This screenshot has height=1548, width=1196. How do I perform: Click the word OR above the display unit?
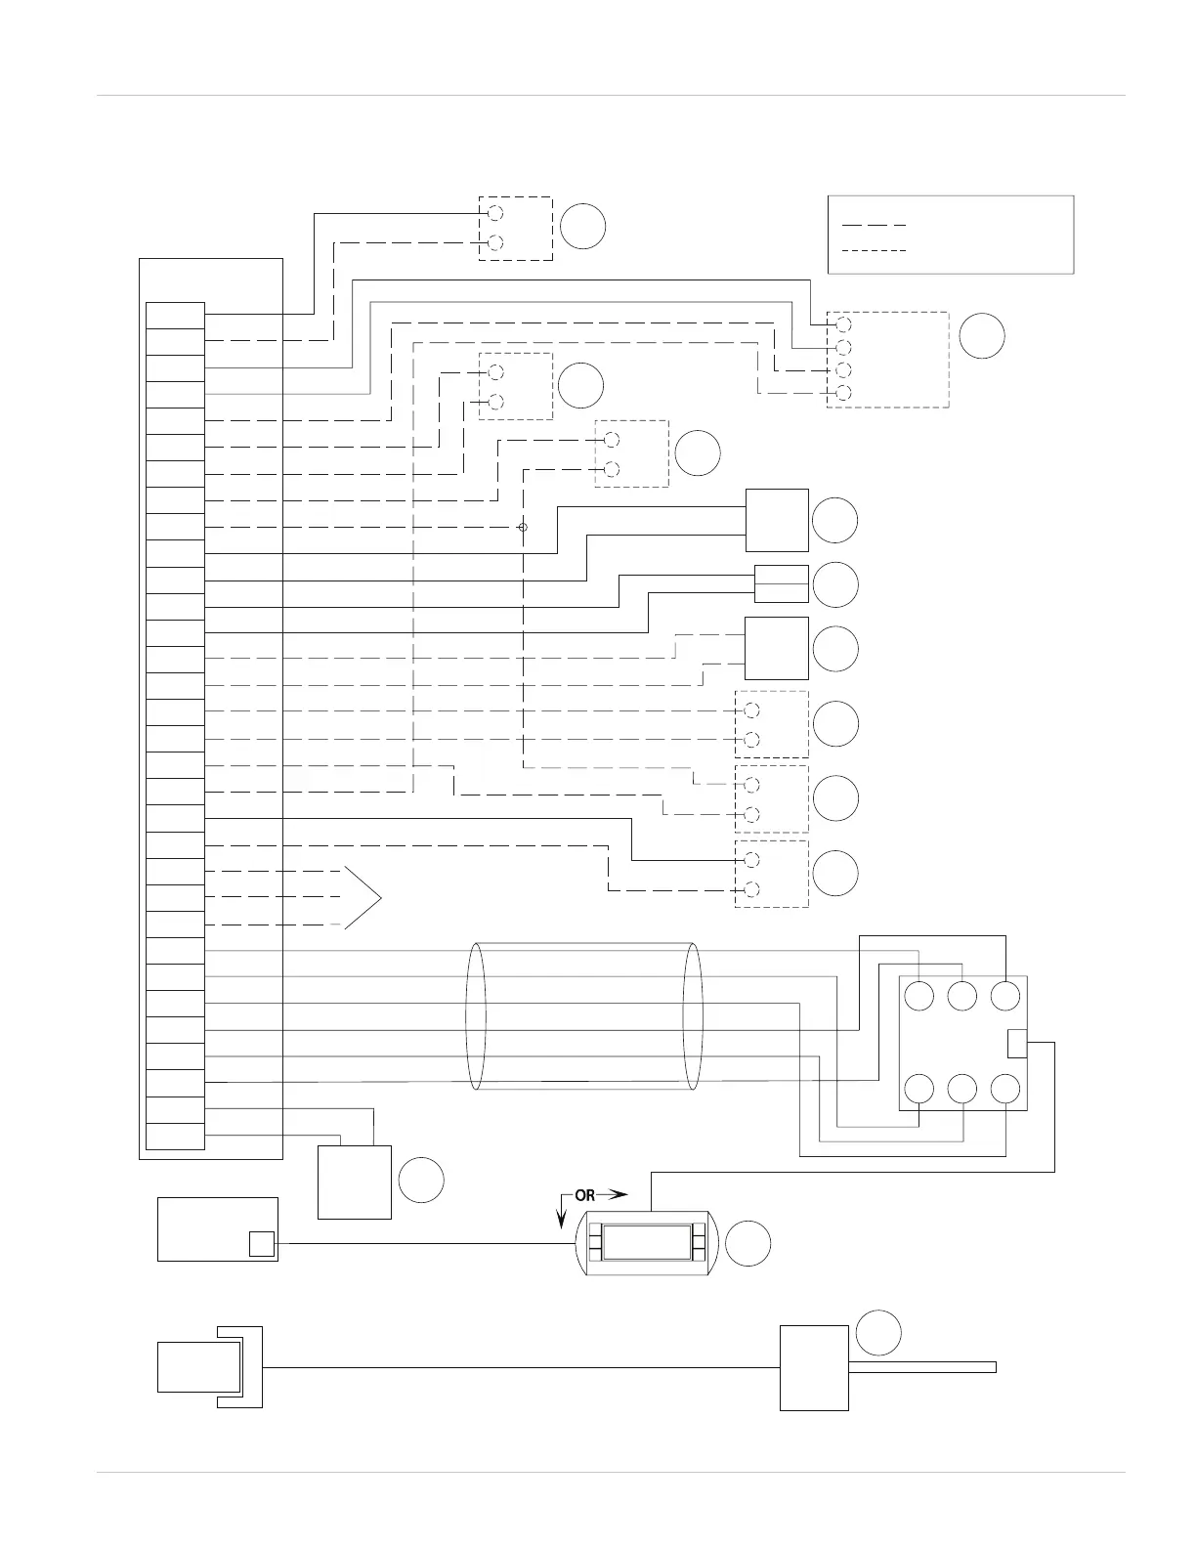coord(584,1195)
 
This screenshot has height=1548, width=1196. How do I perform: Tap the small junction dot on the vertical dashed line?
coord(523,528)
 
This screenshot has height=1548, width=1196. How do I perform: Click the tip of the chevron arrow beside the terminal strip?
coord(379,897)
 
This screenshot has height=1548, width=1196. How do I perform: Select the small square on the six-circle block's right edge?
coord(1016,1044)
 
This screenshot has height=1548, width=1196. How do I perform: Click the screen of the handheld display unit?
coord(646,1243)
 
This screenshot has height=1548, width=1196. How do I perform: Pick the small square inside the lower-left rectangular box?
coord(261,1243)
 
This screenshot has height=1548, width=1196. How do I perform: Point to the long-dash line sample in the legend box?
coord(874,225)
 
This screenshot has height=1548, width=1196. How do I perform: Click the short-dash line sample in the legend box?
coord(874,251)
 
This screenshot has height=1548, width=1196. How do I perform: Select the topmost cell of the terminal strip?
coord(175,316)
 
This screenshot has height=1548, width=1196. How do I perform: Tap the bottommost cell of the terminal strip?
coord(175,1137)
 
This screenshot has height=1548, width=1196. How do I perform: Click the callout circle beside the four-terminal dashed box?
coord(981,335)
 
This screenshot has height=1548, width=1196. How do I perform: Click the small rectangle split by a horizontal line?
coord(781,583)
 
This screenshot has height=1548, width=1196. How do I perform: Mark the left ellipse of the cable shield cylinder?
coord(476,1015)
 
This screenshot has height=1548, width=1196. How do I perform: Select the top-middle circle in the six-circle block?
coord(962,997)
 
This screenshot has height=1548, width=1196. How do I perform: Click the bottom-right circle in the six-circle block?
coord(1005,1089)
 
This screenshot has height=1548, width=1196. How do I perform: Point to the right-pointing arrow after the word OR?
coord(613,1195)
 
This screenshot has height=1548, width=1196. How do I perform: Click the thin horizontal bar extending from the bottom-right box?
coord(921,1367)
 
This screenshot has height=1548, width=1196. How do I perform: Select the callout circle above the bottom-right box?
coord(877,1333)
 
